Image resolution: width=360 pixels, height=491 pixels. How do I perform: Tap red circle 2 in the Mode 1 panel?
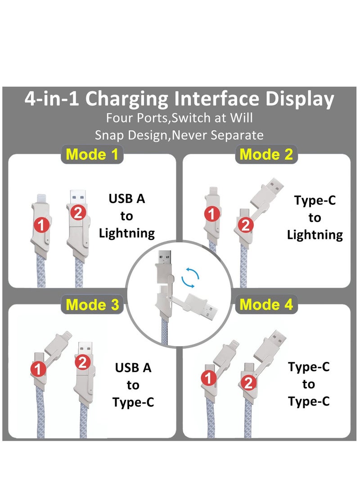coord(78,213)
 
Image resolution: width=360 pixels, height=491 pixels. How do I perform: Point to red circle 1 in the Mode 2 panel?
coord(211,214)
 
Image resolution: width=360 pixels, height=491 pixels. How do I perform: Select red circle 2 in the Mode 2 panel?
coord(245,225)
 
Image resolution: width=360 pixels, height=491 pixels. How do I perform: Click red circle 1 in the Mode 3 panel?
coord(40,369)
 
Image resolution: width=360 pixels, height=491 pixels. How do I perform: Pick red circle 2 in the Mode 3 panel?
coord(82,362)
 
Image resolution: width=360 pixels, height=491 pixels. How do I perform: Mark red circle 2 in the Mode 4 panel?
coord(248,383)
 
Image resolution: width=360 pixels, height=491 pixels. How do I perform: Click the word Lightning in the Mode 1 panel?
coord(127,233)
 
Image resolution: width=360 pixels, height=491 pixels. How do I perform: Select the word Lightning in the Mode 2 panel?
coord(315,234)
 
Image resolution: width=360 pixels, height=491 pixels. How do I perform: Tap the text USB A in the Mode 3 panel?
coord(133,368)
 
